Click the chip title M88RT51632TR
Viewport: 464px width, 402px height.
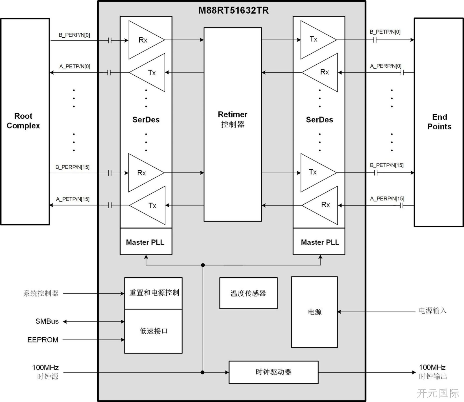(233, 10)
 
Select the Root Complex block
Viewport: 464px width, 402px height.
(25, 121)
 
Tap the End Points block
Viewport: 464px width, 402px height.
(439, 122)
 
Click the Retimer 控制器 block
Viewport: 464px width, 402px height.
(233, 124)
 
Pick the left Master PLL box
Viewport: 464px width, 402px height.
(146, 241)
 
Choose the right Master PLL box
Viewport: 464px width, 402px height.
(319, 241)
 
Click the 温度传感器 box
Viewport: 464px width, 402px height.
(248, 293)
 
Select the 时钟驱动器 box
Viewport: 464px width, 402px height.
(273, 372)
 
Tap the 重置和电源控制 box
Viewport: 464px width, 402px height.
(153, 293)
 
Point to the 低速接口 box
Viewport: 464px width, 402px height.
(153, 331)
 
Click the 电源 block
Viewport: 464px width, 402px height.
(314, 312)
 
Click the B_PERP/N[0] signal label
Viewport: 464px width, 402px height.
(74, 35)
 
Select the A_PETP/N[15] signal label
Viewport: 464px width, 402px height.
(73, 199)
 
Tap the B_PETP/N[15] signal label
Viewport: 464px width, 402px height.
(387, 165)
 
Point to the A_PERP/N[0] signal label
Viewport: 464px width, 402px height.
(386, 66)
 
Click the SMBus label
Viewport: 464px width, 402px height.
(47, 321)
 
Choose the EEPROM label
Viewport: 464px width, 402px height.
(43, 340)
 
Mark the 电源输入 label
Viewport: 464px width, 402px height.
(433, 311)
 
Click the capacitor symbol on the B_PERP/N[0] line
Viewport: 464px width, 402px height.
(110, 40)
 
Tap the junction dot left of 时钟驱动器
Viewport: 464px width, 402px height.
(202, 372)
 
